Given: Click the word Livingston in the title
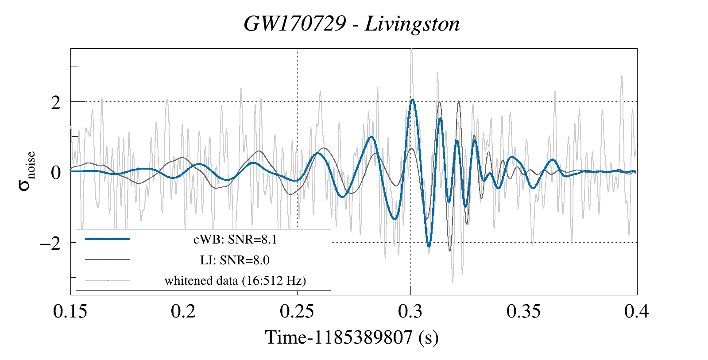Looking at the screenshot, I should [412, 24].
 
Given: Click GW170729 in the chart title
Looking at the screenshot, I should [294, 24].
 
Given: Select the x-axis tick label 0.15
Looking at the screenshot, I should [70, 311].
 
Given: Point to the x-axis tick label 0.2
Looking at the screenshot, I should [183, 311].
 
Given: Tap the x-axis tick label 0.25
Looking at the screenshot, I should [297, 311].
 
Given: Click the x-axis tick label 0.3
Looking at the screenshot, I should [410, 311].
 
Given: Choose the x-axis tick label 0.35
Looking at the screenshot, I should [524, 311].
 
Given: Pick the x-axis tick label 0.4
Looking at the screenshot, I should [637, 311].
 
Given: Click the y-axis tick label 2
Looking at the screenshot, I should [55, 103].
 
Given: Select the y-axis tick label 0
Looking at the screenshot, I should [55, 173].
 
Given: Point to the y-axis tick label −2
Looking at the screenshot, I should [50, 243].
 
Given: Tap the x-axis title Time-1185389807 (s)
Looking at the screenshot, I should [352, 337].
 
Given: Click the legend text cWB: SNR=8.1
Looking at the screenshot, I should [235, 240].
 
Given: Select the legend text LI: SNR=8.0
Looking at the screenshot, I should [235, 260].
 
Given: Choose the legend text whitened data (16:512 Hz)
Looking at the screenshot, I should [235, 280].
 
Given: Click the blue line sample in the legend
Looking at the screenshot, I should [108, 239].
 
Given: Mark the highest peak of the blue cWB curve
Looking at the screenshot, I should [412, 100].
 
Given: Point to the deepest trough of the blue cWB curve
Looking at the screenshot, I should [429, 246].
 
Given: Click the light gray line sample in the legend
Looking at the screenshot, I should [108, 280].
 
